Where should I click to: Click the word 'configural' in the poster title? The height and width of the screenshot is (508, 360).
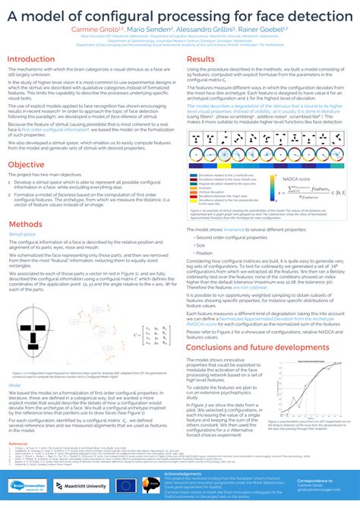pos(137,16)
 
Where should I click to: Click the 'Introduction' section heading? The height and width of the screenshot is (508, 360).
pos(36,58)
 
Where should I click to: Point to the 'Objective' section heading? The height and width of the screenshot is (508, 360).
pos(27,164)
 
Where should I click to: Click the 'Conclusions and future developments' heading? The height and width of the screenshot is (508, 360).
pos(257,346)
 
